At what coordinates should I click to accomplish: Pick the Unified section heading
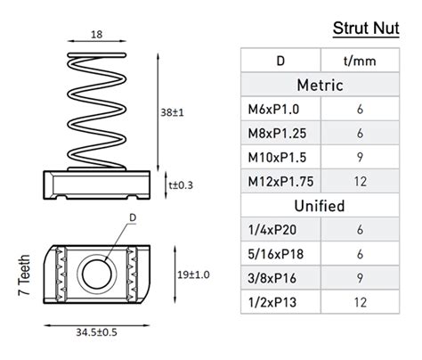321,206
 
